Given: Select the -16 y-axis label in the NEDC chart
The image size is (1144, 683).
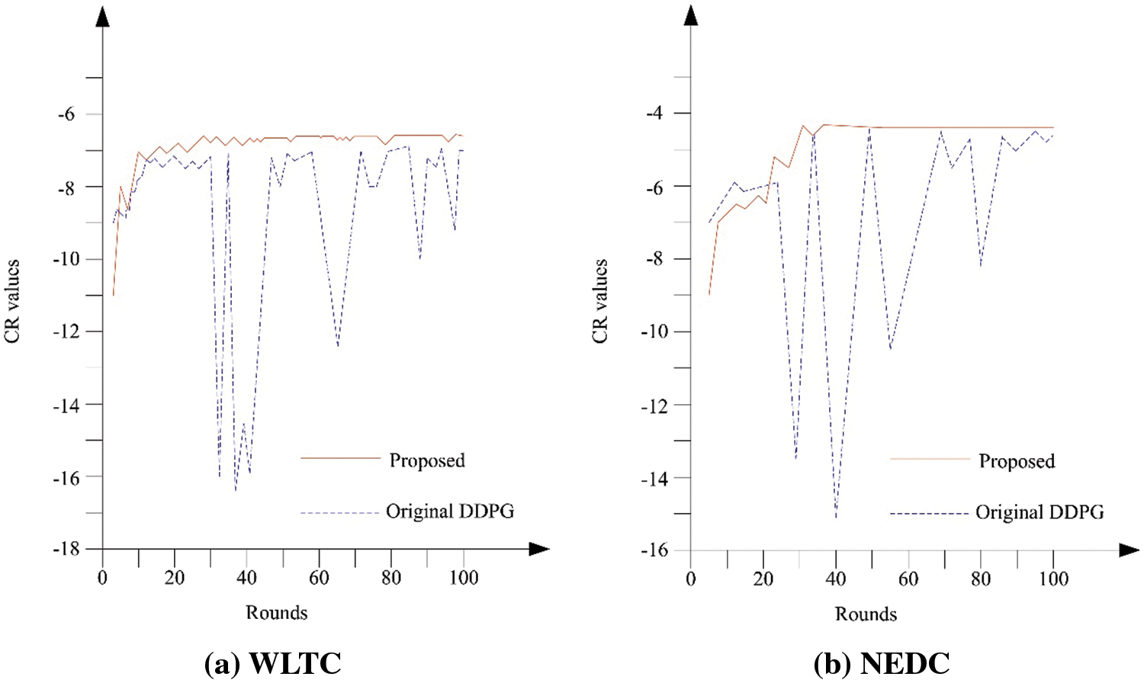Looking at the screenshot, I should click(x=654, y=550).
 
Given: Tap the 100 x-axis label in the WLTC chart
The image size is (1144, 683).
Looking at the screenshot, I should click(x=463, y=578).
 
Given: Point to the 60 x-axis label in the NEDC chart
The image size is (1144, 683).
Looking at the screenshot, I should click(x=908, y=579).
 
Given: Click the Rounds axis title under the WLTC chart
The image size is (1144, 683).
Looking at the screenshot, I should click(x=276, y=613).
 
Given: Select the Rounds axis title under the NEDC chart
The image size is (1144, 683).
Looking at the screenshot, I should click(x=866, y=614).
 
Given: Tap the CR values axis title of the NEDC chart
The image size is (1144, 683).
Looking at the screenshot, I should click(x=600, y=301).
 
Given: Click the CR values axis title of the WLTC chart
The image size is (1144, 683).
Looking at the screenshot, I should click(x=12, y=301).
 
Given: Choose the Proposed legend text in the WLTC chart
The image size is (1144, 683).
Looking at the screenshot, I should click(x=427, y=460).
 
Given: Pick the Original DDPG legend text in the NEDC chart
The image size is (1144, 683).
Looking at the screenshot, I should click(x=1040, y=512).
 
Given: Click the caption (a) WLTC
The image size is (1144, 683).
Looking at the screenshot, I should click(x=273, y=663).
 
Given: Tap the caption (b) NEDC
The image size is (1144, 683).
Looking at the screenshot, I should click(x=882, y=663).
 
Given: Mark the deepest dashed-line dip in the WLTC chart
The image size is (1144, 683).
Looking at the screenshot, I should click(x=235, y=489).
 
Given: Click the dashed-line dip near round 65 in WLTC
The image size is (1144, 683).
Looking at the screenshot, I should click(x=338, y=346).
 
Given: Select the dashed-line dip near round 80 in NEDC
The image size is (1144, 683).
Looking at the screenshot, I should click(x=980, y=265).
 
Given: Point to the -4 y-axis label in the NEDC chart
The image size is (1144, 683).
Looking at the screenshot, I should click(x=654, y=113).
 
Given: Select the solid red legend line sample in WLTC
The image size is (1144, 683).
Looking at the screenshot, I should click(x=340, y=458).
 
